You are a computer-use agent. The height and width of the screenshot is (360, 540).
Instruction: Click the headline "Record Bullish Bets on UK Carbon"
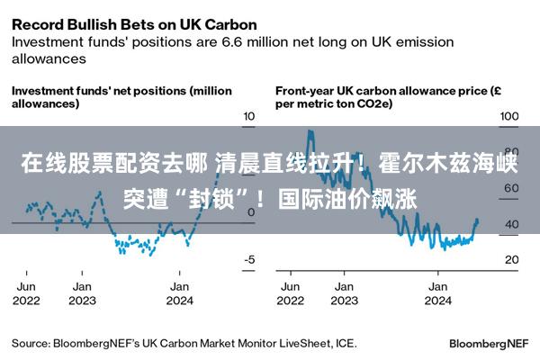point(134,25)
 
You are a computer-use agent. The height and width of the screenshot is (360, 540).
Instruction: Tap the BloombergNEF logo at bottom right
point(489,344)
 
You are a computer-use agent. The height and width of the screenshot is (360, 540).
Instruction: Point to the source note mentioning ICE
point(184,344)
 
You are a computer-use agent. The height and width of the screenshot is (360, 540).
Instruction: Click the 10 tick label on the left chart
point(249,116)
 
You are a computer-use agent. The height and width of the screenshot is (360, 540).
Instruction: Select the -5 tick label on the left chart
point(249,259)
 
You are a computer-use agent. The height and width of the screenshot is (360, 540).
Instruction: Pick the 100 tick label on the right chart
point(509,116)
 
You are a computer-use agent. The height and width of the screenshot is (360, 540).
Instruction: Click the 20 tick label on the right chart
point(512,259)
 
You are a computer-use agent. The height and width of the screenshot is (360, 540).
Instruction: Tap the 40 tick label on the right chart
point(512,224)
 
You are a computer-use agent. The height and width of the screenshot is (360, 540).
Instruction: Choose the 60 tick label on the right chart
point(512,188)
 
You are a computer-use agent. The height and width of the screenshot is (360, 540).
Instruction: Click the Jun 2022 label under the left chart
point(26,293)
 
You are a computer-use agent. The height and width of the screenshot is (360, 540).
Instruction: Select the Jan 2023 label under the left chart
point(82,293)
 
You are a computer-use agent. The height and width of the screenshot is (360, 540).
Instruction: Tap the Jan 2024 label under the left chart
point(179,293)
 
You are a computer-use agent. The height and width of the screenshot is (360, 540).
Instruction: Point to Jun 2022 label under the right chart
point(291,293)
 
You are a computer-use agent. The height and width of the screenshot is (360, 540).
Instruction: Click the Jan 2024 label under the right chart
point(437,293)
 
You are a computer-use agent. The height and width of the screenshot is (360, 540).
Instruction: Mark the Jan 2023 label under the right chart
point(344,293)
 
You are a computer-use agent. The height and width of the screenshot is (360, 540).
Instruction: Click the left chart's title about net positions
point(121,97)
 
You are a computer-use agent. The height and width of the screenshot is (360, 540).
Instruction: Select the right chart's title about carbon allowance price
point(388,97)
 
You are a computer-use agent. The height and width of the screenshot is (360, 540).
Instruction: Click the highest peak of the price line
point(310,130)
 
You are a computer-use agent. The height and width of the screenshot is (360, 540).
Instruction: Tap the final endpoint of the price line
point(477,220)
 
